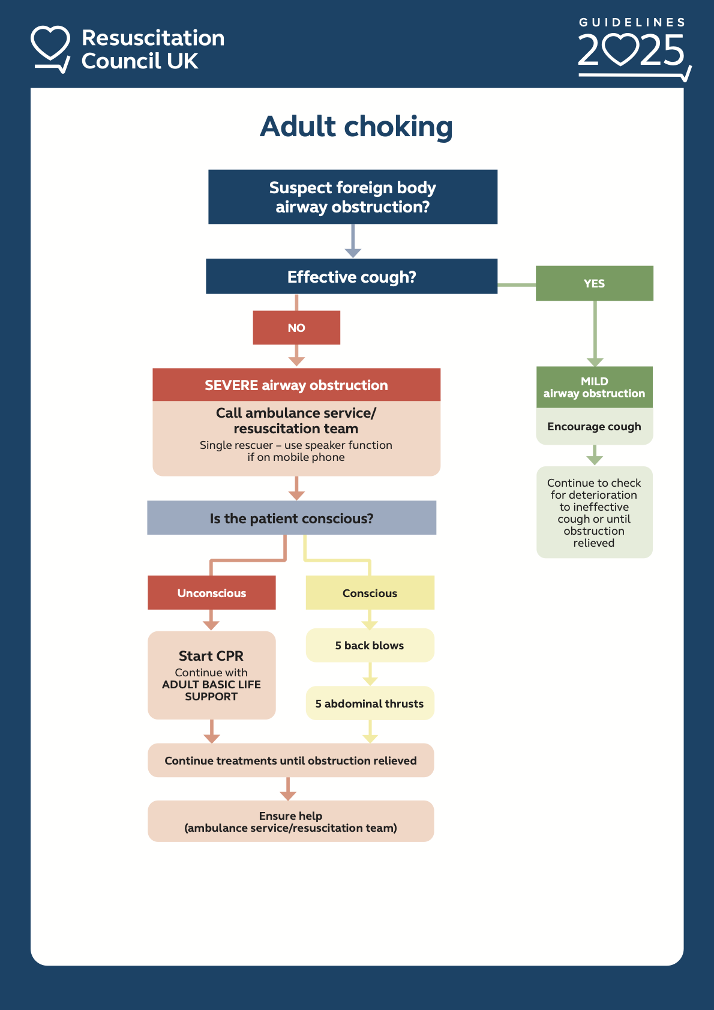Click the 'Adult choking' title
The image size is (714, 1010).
[356, 127]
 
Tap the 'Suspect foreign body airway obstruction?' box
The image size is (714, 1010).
[353, 197]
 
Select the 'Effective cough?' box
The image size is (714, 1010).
[352, 277]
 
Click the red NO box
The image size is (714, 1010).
[296, 328]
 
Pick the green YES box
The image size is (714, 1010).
[594, 283]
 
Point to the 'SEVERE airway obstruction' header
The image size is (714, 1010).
[296, 385]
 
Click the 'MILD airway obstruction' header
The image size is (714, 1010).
[594, 387]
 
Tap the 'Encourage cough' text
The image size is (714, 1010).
[594, 427]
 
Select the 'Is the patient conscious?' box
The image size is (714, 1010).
[292, 518]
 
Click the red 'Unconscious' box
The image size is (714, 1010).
[212, 593]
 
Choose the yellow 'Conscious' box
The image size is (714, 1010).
[370, 593]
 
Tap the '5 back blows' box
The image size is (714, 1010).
[370, 646]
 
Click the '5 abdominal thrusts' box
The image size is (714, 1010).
[370, 703]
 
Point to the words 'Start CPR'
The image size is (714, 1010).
[211, 656]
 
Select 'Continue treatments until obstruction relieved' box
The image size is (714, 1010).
[290, 760]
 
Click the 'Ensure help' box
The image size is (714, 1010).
[290, 822]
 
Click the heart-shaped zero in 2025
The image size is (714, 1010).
[620, 50]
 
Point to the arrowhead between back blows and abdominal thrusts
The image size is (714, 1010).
[370, 681]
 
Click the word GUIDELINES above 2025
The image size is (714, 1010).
[632, 22]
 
